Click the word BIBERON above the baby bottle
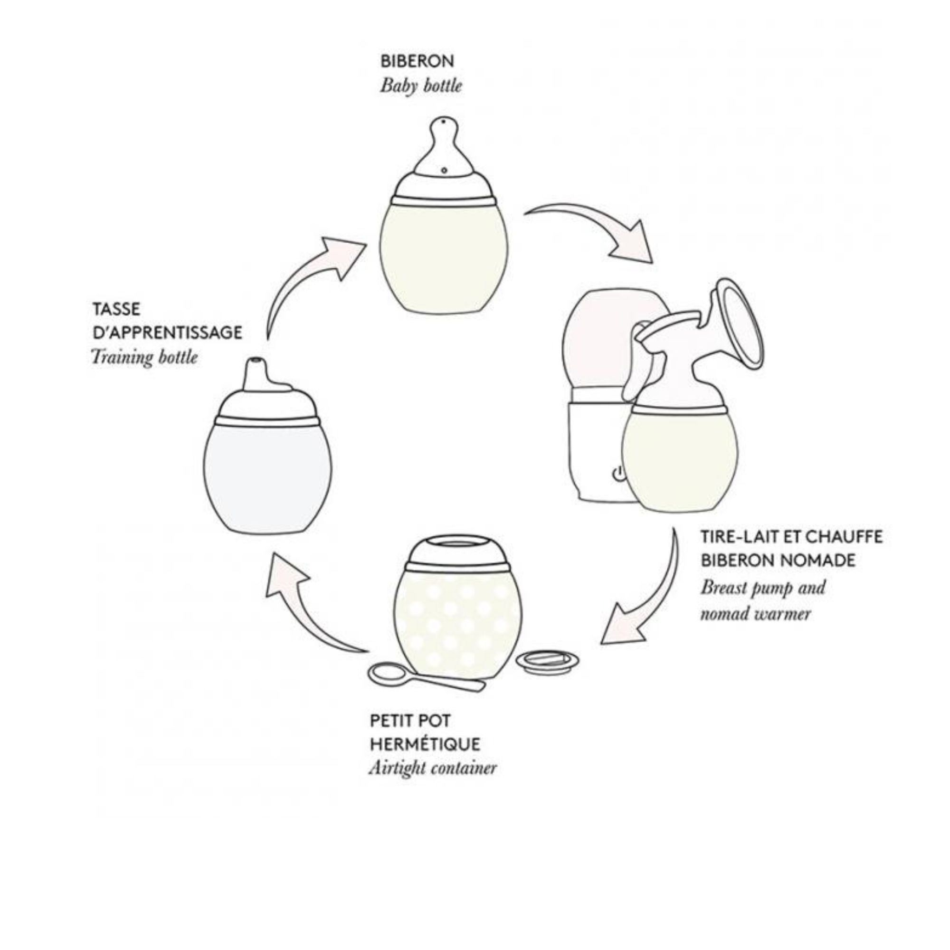point(417,61)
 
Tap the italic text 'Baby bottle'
point(421,86)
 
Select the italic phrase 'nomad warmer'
point(755,614)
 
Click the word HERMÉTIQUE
point(425,744)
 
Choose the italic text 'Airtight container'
point(433,768)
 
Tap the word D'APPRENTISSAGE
point(167,333)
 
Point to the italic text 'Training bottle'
point(144,357)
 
